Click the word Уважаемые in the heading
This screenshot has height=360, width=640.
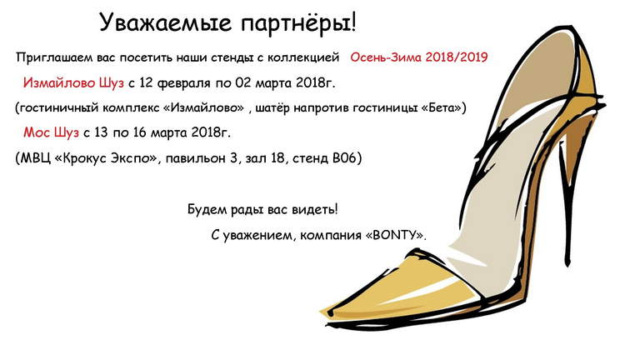click(166, 22)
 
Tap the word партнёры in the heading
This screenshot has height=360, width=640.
click(296, 24)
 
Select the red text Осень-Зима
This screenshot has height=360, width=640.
click(385, 57)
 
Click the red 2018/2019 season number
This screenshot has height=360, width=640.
click(457, 57)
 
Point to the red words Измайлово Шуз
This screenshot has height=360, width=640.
click(73, 82)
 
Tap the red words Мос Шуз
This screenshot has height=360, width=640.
click(51, 132)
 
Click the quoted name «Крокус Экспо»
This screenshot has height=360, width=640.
click(105, 158)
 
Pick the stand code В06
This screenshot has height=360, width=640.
click(344, 157)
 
